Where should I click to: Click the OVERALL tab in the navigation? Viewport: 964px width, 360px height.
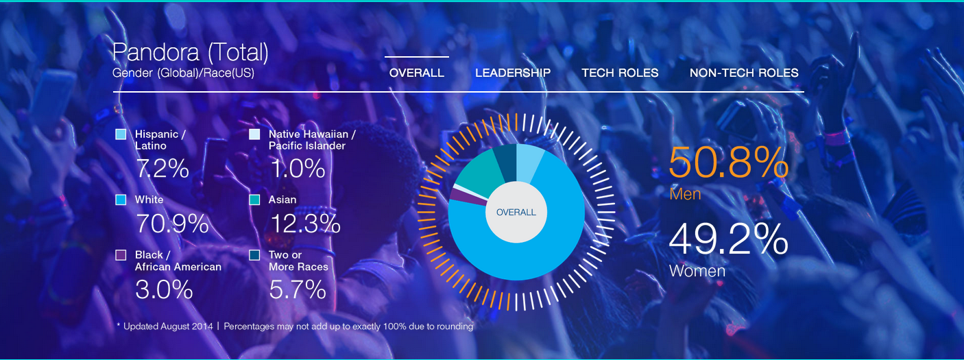coord(416,73)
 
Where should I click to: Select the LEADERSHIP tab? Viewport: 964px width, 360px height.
coord(512,73)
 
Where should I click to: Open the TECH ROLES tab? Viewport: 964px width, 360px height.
coord(620,73)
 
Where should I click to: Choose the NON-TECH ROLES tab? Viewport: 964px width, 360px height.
coord(744,73)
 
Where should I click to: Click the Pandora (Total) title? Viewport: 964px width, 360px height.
coord(190,52)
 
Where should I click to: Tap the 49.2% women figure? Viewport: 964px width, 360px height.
coord(728,240)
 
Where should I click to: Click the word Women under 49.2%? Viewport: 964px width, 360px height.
coord(697,271)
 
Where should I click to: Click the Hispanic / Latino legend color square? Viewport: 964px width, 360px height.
coord(121,134)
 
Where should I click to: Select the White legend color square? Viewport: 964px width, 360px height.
coord(121,200)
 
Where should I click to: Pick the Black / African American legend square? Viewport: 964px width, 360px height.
coord(121,255)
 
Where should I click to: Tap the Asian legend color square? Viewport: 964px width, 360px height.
coord(254,200)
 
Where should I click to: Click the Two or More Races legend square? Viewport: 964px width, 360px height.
coord(254,255)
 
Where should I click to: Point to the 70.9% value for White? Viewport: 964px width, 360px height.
coord(172,224)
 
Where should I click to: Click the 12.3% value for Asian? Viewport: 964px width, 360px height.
coord(305,224)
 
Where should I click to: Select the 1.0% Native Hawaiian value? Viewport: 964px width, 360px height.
coord(297,168)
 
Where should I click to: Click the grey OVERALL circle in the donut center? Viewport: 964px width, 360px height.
coord(516,213)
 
